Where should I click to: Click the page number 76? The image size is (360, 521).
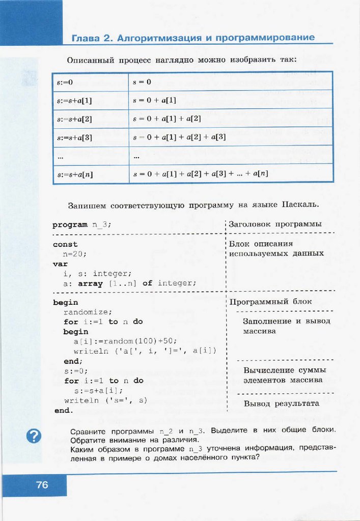42,485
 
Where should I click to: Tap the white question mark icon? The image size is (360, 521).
34,436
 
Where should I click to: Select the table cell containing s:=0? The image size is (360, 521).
90,81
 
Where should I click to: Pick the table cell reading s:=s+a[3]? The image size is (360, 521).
90,137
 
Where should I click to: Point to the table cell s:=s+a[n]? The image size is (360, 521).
90,174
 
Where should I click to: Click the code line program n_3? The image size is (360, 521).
82,224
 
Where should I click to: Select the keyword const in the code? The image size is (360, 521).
65,244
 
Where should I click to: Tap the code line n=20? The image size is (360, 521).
75,253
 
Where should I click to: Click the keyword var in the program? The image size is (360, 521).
60,264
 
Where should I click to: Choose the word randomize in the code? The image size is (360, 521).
88,312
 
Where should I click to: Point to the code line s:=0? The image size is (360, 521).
76,370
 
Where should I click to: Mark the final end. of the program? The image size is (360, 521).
64,410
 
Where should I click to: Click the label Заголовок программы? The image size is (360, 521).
275,224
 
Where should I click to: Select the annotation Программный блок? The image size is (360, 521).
270,301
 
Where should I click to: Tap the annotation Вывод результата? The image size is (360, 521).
281,403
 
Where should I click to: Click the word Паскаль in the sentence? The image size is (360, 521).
299,205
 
